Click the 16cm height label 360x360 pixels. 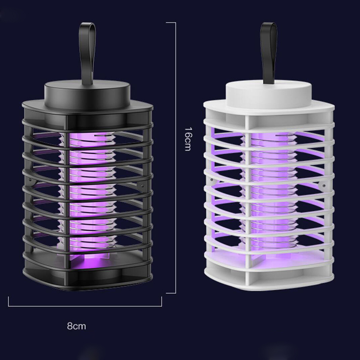tap(188, 139)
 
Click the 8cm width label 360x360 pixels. tap(76, 326)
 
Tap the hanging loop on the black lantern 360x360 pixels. tap(87, 53)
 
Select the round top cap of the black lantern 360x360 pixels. tap(87, 94)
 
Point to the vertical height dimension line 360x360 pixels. tap(175, 158)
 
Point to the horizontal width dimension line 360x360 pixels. tap(85, 306)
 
